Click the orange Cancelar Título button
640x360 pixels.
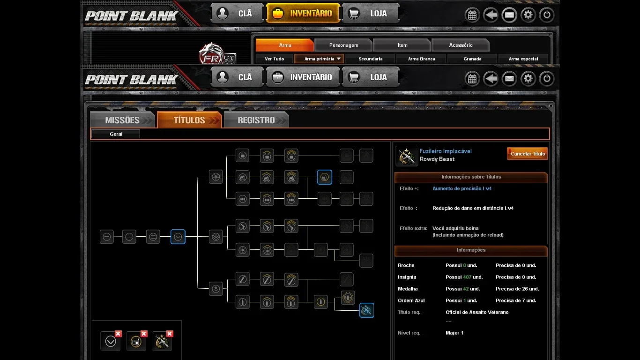(527, 154)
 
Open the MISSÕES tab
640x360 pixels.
(122, 120)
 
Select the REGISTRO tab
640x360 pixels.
(256, 120)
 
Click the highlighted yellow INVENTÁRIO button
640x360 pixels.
(303, 13)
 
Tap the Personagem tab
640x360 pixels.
(343, 45)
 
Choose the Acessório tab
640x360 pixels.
(461, 45)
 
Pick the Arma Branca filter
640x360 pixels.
(421, 59)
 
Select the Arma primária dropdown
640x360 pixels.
(319, 59)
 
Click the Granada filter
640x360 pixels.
(472, 59)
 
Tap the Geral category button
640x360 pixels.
(116, 134)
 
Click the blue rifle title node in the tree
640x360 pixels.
(366, 310)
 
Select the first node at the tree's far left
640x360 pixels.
(107, 237)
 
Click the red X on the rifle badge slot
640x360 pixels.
(170, 334)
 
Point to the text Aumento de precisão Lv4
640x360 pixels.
(462, 188)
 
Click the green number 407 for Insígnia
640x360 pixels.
(467, 277)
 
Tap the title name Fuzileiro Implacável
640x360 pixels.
(446, 151)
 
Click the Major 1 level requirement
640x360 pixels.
(454, 333)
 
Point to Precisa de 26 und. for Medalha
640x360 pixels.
(517, 289)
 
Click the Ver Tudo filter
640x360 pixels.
(274, 59)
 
